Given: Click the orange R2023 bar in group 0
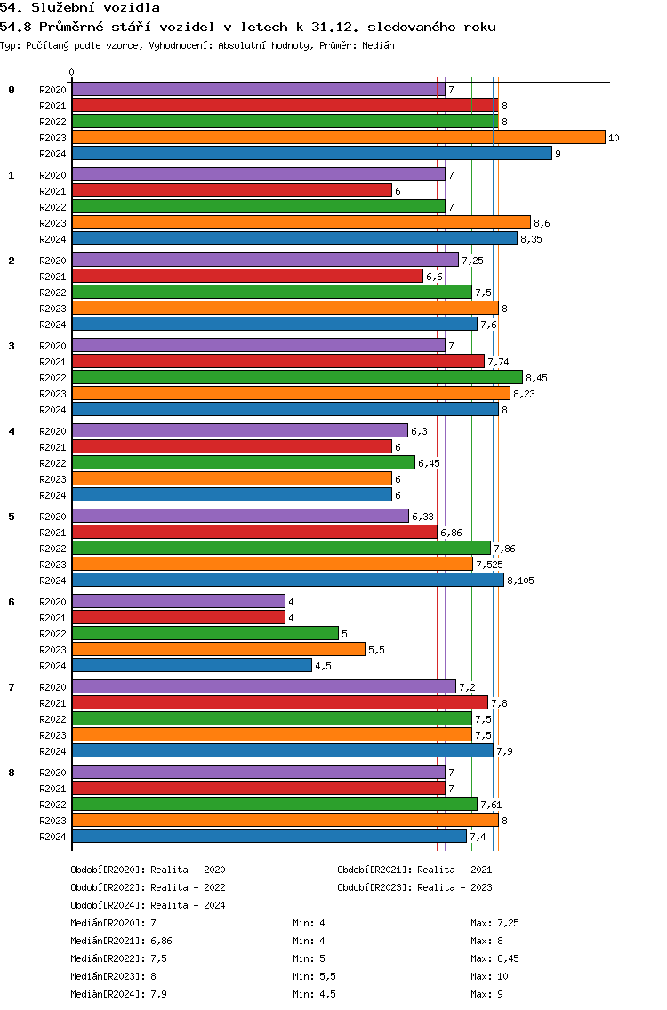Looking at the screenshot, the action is click(x=338, y=137).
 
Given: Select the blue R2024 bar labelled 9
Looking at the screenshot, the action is click(x=312, y=153).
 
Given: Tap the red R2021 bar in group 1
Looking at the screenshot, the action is click(x=232, y=190).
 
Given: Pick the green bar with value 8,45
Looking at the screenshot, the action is click(x=297, y=378).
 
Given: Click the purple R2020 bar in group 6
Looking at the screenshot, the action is click(x=179, y=602).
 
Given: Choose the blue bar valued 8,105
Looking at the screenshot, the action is click(x=288, y=581).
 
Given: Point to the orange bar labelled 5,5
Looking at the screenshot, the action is click(x=219, y=650).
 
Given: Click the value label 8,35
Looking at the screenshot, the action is click(x=531, y=239).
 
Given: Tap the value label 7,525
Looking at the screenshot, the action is click(x=489, y=565).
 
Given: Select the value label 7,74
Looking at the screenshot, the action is click(x=498, y=362).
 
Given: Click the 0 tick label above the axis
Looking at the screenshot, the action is click(x=71, y=72).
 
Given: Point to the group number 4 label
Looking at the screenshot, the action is click(x=12, y=431).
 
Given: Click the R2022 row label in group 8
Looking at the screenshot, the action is click(x=52, y=805).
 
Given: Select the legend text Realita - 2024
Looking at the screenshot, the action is click(x=188, y=905).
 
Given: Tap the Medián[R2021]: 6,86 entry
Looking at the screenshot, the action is click(x=121, y=941).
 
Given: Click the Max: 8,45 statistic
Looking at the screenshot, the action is click(x=494, y=958).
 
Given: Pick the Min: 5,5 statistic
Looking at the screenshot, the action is click(x=314, y=976).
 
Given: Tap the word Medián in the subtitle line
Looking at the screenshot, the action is click(x=378, y=45).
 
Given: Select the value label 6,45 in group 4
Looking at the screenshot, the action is click(x=429, y=463).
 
